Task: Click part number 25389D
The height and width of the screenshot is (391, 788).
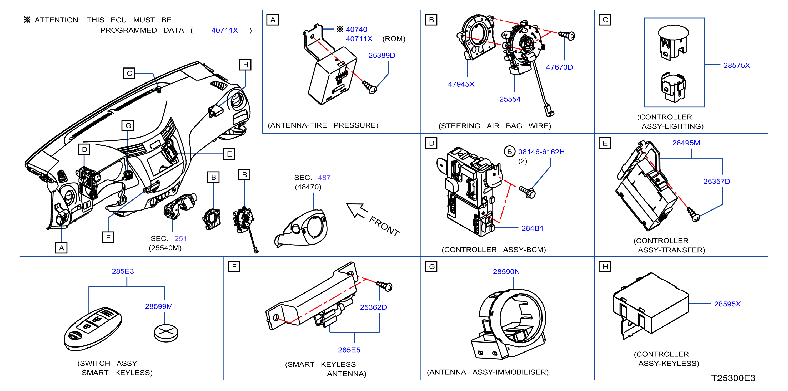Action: (382, 56)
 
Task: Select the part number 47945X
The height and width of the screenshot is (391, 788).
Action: (461, 84)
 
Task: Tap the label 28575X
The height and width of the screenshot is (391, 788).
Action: (736, 65)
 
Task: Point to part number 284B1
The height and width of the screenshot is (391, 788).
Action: (532, 228)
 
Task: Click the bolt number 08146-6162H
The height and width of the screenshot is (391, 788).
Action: (541, 152)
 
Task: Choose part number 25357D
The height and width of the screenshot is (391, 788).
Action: (716, 182)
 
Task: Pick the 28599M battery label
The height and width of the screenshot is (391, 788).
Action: (159, 306)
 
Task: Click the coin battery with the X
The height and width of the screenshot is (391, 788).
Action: (166, 333)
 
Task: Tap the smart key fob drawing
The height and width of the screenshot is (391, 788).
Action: (93, 328)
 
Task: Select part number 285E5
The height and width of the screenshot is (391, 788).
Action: (349, 350)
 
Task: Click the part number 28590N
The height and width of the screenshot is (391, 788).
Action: (506, 271)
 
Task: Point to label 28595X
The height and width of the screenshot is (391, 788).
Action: (727, 304)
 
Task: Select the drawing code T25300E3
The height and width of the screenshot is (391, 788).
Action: (733, 378)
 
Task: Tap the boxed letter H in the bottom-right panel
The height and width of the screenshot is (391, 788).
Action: (605, 267)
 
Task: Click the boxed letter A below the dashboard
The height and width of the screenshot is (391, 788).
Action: (61, 248)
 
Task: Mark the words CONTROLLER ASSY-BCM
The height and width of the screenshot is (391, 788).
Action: (494, 250)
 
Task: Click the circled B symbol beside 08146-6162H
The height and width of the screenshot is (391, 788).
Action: (509, 152)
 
